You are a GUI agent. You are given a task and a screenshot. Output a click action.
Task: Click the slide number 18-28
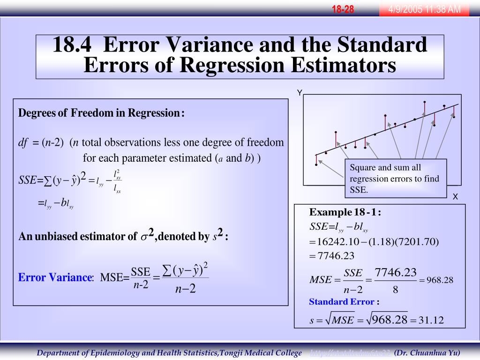343,9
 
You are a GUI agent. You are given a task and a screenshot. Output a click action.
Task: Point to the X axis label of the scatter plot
455,197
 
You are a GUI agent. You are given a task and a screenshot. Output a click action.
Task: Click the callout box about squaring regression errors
396,179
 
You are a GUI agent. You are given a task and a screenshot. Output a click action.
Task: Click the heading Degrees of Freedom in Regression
101,113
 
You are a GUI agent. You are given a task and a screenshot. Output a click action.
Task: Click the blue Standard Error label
342,302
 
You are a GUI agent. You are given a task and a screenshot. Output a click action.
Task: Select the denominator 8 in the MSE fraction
396,290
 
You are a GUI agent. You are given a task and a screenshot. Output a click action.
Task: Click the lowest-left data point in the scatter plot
316,165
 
